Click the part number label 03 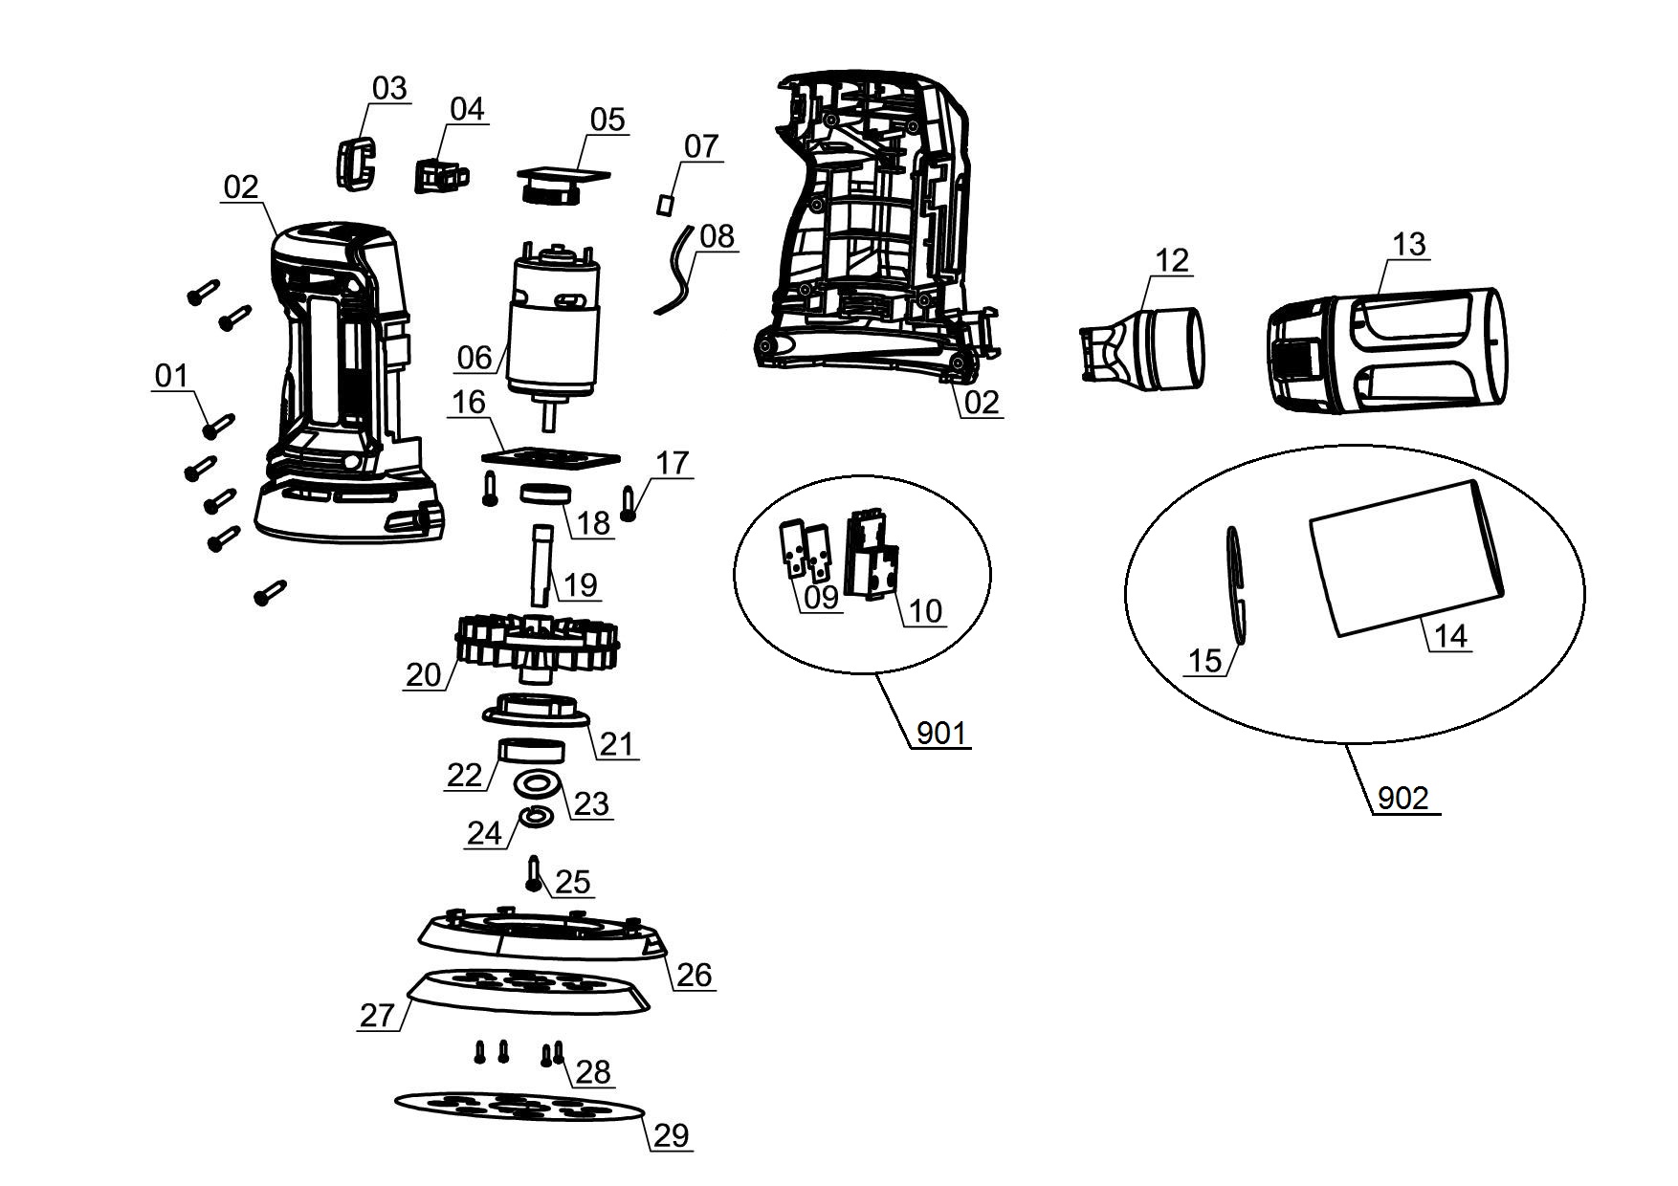click(x=389, y=88)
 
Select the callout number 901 click(x=941, y=734)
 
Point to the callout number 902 click(x=1402, y=798)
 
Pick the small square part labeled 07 click(x=666, y=203)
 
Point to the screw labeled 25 click(x=535, y=873)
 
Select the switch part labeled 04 click(x=442, y=175)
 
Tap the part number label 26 click(x=695, y=975)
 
